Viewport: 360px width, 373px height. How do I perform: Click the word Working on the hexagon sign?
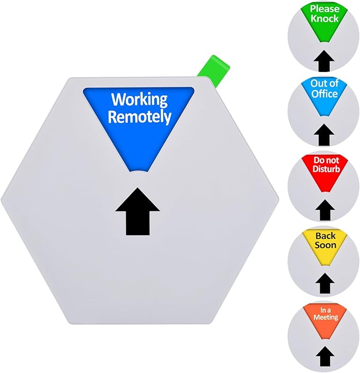[x=138, y=99]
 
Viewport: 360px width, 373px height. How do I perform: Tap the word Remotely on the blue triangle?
[x=139, y=117]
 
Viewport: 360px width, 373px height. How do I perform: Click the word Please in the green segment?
[x=324, y=8]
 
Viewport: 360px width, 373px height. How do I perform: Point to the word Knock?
[x=324, y=19]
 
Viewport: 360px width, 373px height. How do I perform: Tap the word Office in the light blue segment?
[x=324, y=94]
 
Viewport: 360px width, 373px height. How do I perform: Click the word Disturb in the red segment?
[x=324, y=169]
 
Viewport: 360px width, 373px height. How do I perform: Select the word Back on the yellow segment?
[x=325, y=236]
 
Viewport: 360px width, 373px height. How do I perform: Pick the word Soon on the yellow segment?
[x=325, y=245]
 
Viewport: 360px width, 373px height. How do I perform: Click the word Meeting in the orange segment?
[x=324, y=317]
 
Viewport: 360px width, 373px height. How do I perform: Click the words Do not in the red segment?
[x=324, y=159]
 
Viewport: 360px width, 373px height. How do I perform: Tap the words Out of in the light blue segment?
[x=324, y=84]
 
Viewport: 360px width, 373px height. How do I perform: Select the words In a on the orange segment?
[x=324, y=309]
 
